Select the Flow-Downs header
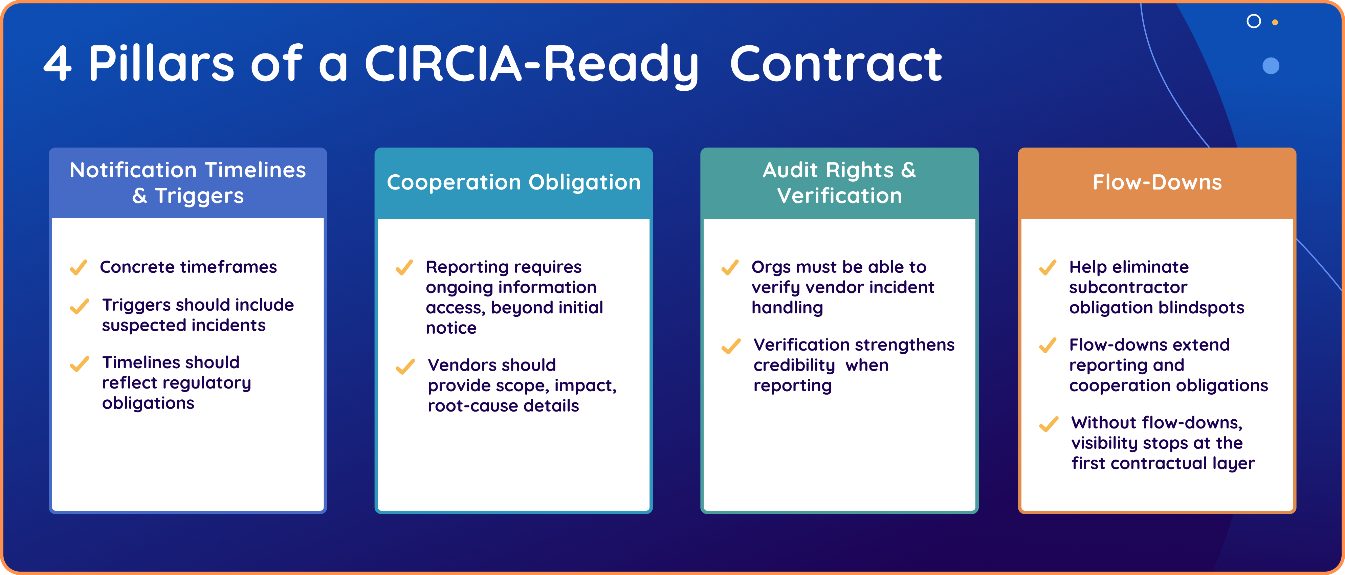[1157, 182]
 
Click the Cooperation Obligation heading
[513, 182]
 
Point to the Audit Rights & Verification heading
[839, 183]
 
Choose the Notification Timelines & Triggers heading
[188, 183]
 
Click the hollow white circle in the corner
[1254, 21]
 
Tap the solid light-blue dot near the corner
[1271, 66]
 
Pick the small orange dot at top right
[1275, 22]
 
